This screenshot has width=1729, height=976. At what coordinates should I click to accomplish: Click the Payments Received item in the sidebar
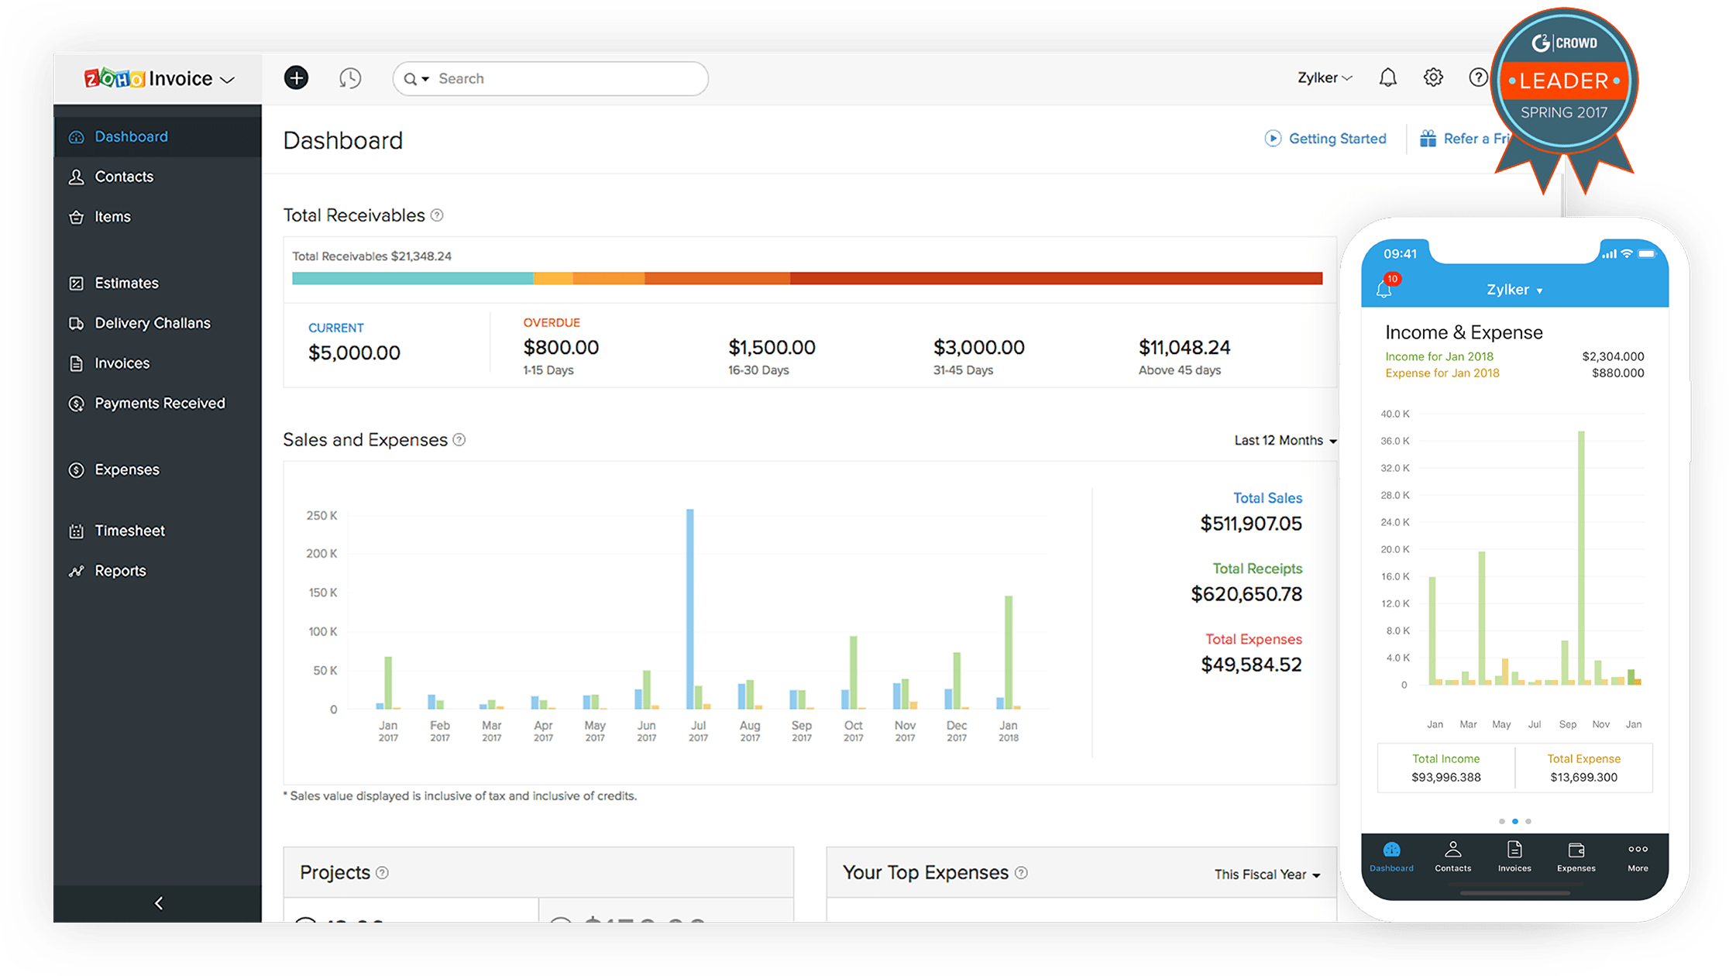pos(159,404)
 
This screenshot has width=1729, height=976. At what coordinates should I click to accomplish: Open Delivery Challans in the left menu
pos(152,323)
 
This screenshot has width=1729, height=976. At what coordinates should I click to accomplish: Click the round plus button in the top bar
pos(296,78)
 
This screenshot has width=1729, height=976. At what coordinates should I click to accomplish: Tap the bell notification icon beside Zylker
pos(1387,78)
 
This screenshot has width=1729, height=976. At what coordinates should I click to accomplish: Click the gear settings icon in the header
pos(1433,78)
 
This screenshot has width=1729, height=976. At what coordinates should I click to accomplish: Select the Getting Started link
pos(1336,139)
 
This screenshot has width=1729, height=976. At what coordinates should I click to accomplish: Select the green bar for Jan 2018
pos(1009,651)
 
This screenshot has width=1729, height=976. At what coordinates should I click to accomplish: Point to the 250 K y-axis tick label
pos(321,516)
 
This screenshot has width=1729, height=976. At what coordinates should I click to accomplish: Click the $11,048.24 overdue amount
pos(1184,348)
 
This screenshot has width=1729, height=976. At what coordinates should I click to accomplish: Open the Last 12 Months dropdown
pos(1285,441)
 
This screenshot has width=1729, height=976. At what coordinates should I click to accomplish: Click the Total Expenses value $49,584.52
pos(1251,665)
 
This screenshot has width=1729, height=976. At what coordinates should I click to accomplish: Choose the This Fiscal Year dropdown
pos(1267,875)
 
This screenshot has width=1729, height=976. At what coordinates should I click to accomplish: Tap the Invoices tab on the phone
pos(1514,857)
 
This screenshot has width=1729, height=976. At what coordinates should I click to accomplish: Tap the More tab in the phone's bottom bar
pos(1637,857)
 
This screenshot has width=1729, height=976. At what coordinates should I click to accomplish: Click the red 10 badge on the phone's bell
pos(1393,279)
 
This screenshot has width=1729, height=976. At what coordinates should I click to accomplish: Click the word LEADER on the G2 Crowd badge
pos(1563,81)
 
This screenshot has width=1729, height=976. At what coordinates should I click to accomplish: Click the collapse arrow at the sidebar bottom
pos(159,903)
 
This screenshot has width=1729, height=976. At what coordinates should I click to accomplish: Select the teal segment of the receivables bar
pos(412,279)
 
